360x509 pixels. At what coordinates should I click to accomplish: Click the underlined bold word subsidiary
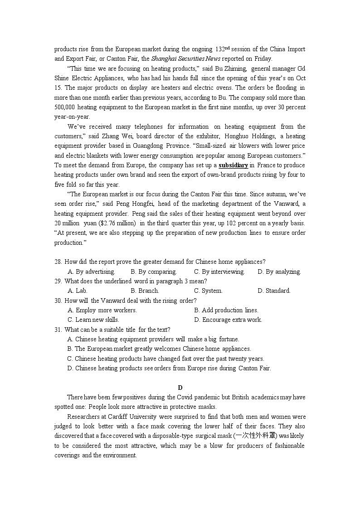coord(233,165)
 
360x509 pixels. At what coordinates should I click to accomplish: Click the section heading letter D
coord(180,388)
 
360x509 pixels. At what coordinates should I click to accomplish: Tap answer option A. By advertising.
coord(91,272)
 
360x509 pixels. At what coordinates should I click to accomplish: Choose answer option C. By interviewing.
coord(219,272)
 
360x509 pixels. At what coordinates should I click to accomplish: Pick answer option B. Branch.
coord(145,291)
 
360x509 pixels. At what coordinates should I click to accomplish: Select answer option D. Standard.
coord(274,291)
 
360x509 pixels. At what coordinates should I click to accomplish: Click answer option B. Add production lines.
coord(226,310)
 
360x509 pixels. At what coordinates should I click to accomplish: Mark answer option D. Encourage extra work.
coord(228,320)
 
